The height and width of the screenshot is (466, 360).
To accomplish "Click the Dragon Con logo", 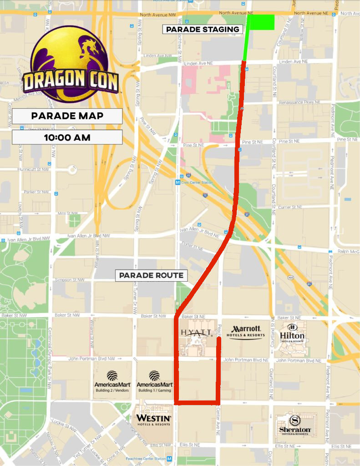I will [x=70, y=64].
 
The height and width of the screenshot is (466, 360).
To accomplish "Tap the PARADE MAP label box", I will [x=67, y=116].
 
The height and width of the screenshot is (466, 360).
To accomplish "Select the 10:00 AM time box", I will [x=67, y=137].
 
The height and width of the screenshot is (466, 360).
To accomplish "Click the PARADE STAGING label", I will [x=203, y=30].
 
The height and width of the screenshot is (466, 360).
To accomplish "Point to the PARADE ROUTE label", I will [x=152, y=275].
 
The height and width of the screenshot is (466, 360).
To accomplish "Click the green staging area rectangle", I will [x=261, y=22].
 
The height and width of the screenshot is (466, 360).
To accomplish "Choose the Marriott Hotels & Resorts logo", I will [x=246, y=332].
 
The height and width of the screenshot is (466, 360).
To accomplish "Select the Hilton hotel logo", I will [x=292, y=334].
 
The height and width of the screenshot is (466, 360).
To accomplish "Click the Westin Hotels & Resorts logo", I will [x=153, y=419].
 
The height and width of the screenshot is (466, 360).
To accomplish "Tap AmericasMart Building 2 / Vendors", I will [x=112, y=381].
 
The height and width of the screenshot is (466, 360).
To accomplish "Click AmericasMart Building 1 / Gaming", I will [x=154, y=381].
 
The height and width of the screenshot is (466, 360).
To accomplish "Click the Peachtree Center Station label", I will [x=148, y=459].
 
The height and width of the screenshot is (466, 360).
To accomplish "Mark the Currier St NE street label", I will [x=290, y=207].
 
